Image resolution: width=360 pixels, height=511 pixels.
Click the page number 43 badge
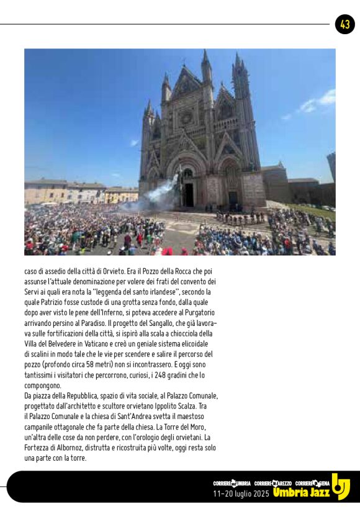click(344, 24)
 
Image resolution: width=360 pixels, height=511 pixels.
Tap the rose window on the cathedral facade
click(186, 117)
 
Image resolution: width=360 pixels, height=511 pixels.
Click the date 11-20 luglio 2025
click(241, 494)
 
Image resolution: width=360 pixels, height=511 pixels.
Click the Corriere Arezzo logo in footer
click(273, 482)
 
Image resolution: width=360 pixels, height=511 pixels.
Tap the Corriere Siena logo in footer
click(313, 482)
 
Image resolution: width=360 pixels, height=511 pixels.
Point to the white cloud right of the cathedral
click(318, 101)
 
